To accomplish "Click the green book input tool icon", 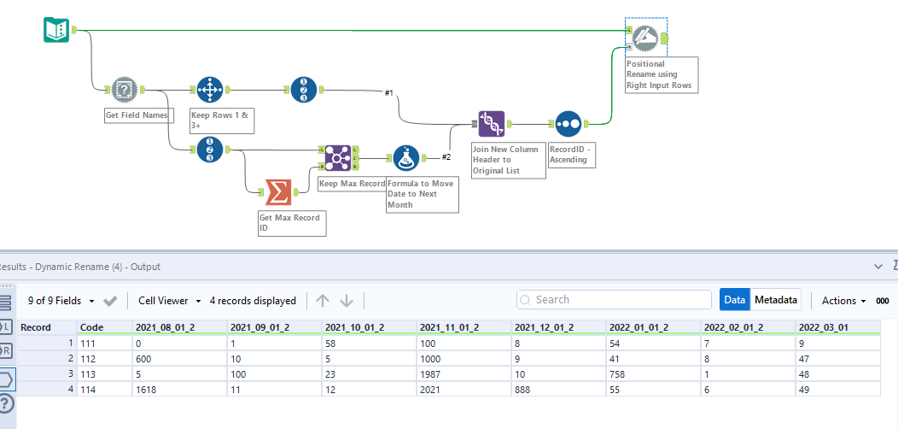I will [56, 31].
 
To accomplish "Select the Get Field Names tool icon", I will [124, 89].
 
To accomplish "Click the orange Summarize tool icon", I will [277, 192].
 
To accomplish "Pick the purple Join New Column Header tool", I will [491, 124].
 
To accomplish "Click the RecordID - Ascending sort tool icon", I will [569, 124].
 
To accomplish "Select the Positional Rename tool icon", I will [645, 37].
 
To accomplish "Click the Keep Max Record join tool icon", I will [338, 158].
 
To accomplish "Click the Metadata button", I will [776, 300].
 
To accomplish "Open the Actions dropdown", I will [843, 300].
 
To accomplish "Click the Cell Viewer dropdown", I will [169, 301].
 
